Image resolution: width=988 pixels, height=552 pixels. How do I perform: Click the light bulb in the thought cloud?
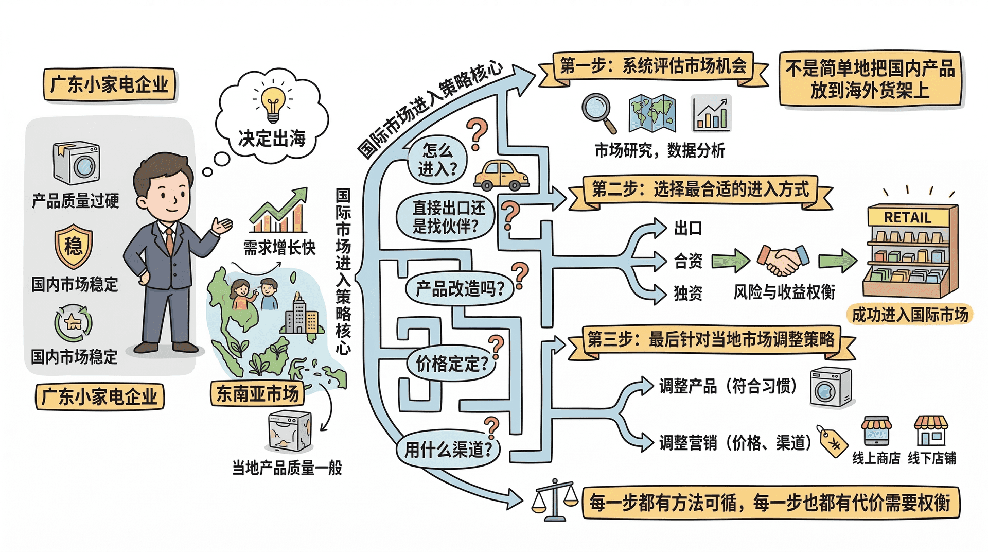click(273, 101)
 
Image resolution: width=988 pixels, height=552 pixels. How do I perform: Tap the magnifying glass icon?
click(598, 111)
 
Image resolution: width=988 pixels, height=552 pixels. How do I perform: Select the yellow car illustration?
click(501, 176)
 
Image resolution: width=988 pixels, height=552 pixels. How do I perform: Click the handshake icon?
click(783, 260)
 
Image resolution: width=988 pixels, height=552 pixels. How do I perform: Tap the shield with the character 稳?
click(74, 246)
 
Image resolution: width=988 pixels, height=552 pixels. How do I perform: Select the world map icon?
click(652, 113)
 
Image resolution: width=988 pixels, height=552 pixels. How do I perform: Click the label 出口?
click(688, 228)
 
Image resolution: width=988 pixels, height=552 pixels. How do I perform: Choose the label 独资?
click(688, 294)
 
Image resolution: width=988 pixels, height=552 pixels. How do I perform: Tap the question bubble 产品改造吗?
click(459, 289)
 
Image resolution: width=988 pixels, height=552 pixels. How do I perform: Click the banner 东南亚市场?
click(257, 394)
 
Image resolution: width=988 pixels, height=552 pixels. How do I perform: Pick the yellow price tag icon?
click(833, 441)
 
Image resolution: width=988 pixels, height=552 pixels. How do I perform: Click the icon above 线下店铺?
click(930, 431)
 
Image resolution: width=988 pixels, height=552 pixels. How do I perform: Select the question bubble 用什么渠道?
click(447, 450)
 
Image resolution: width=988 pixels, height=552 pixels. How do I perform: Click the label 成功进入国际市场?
click(910, 315)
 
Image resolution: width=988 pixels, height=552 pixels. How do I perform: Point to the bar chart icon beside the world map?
click(711, 113)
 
